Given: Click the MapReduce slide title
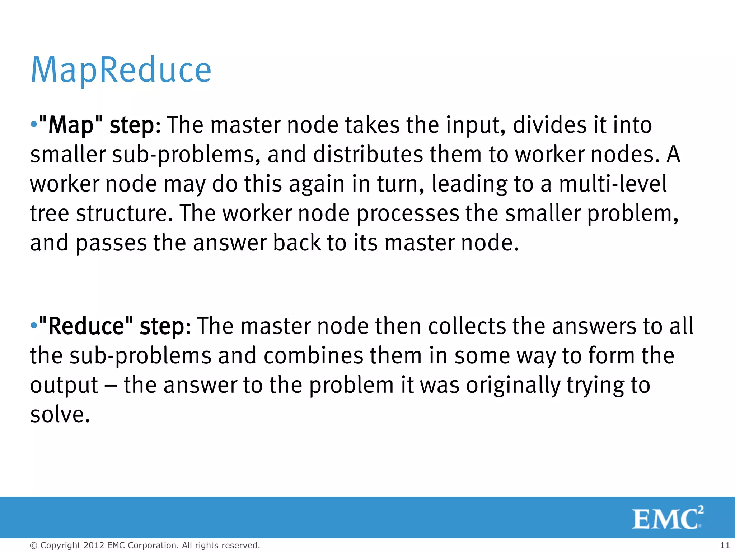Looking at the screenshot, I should [121, 70].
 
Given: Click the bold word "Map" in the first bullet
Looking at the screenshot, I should [71, 125].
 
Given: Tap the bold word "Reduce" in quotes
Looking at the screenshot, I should [86, 326].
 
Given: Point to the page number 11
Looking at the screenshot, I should [725, 545].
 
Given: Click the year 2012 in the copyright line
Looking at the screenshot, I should [94, 545].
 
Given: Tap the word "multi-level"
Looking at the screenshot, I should [613, 184].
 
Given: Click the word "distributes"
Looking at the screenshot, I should [368, 155].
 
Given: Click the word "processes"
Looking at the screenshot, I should [408, 213].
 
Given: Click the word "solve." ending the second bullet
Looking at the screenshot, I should [60, 415].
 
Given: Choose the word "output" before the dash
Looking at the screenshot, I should [64, 385].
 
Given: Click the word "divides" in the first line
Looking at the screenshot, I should [546, 125].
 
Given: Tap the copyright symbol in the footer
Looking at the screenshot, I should [33, 546].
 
